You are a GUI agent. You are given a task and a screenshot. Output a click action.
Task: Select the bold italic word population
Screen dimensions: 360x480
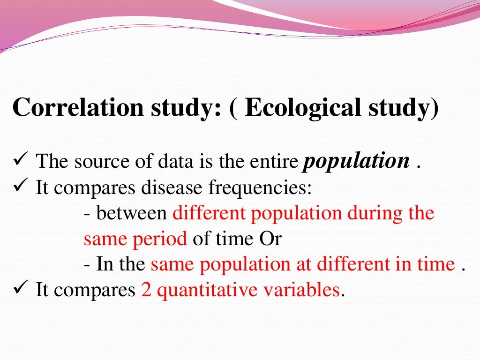(x=356, y=162)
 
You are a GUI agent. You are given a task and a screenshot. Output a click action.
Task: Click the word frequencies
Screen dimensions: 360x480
(x=260, y=188)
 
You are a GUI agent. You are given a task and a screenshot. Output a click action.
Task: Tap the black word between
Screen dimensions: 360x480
(x=132, y=214)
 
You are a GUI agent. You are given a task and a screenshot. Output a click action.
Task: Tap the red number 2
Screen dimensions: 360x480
(x=146, y=291)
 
